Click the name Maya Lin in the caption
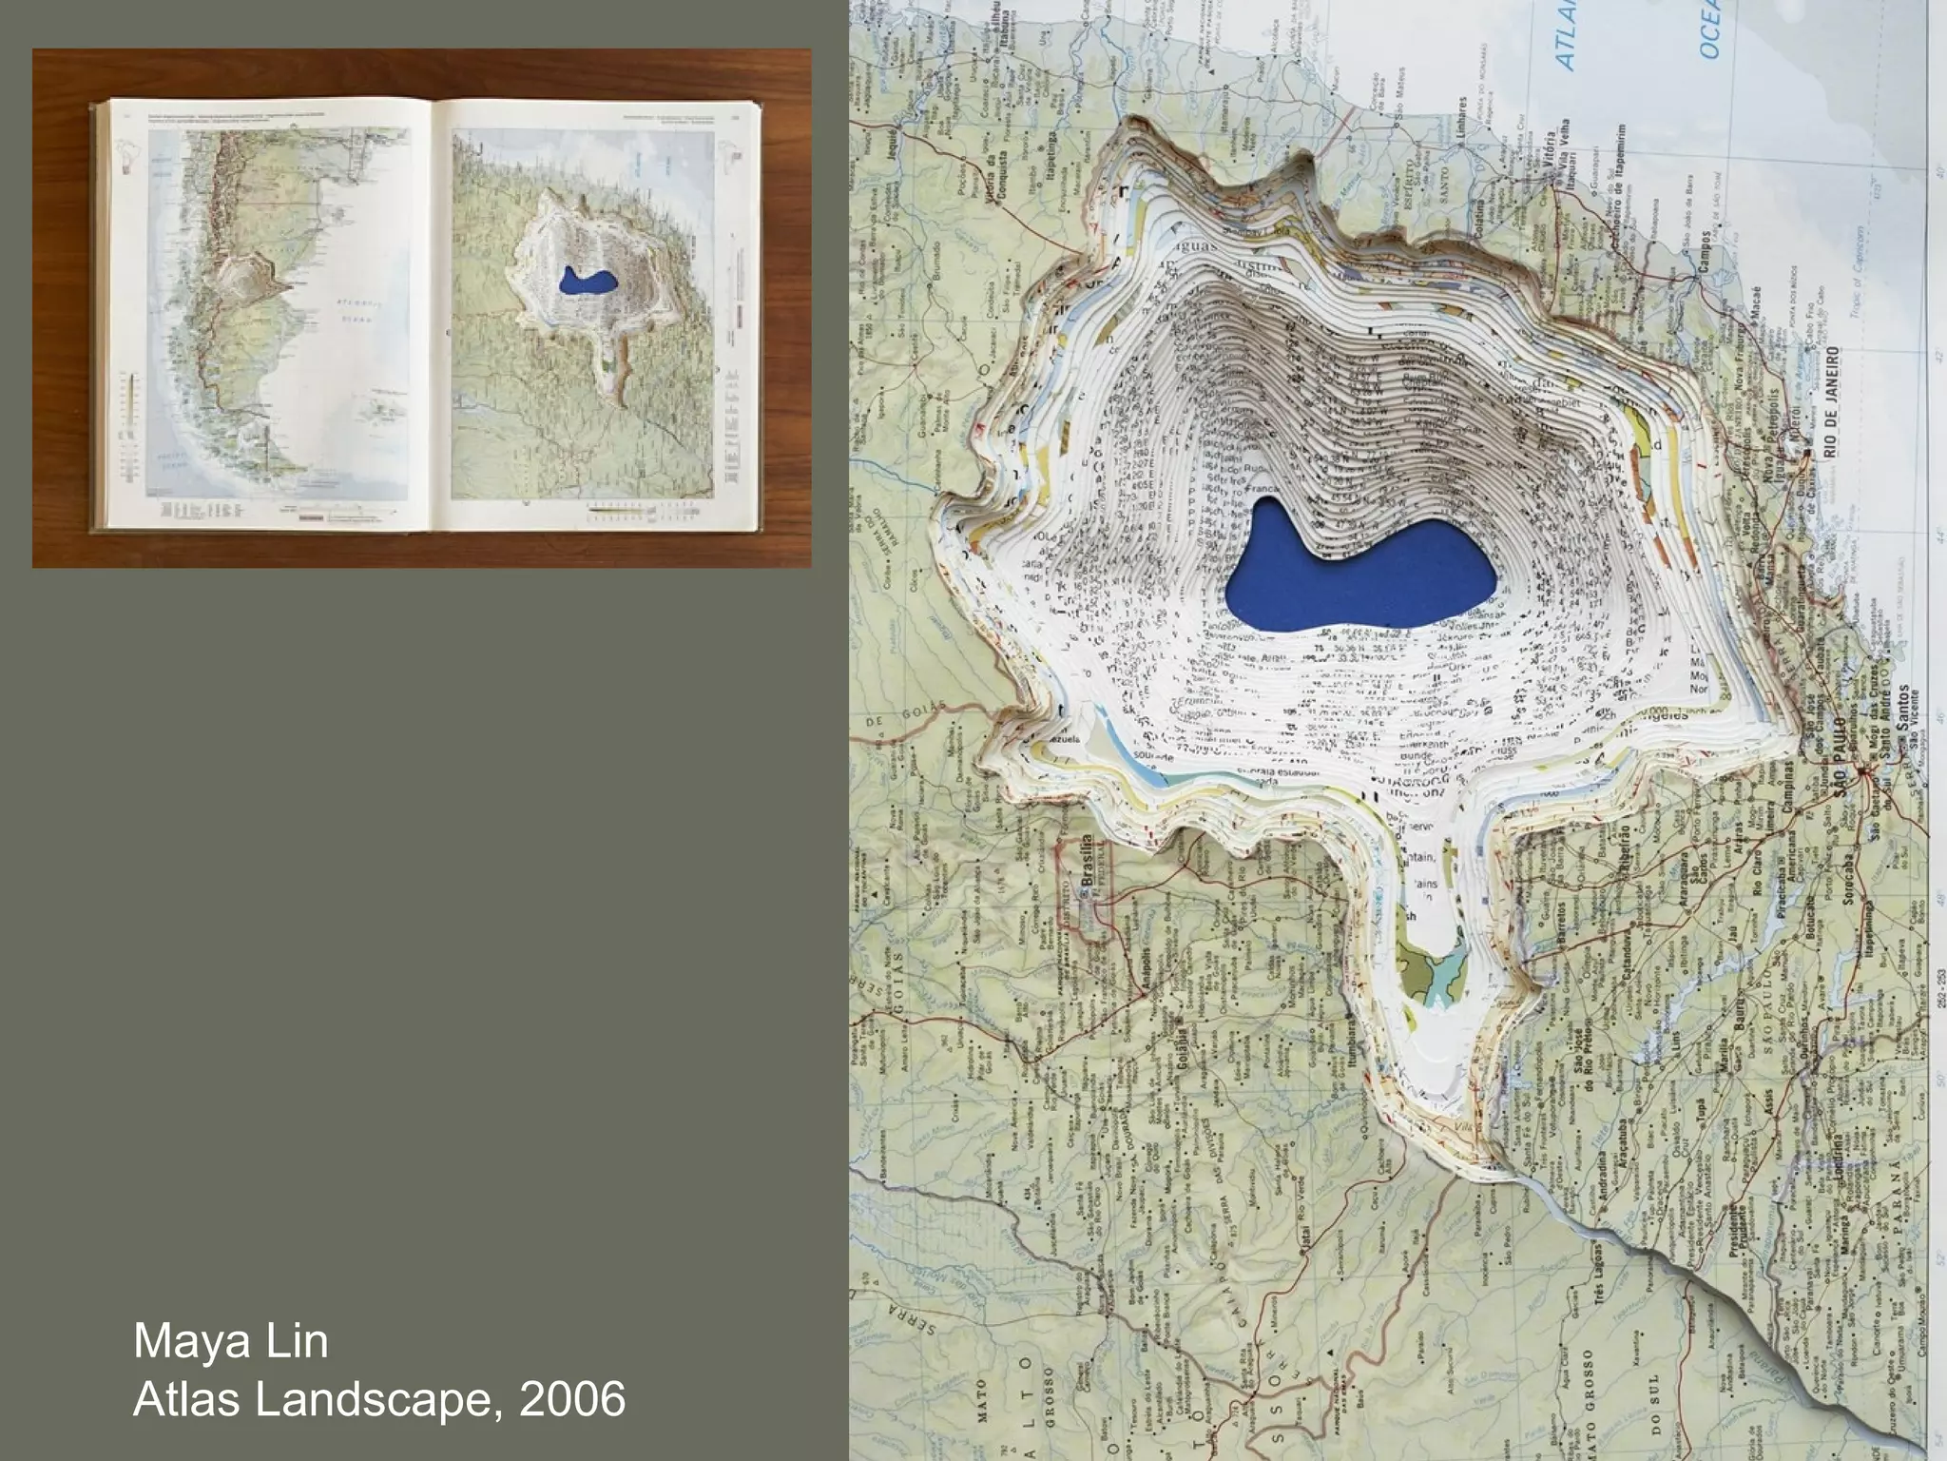click(231, 1342)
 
